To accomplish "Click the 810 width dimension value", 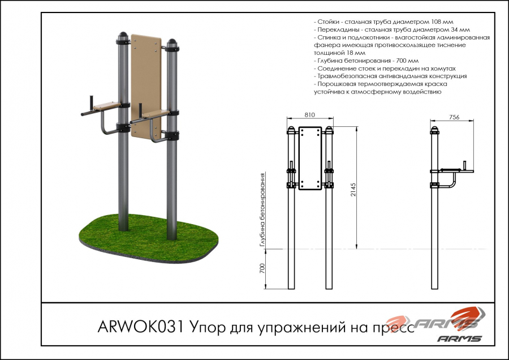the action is point(310,115).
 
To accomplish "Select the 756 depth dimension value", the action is point(454,117).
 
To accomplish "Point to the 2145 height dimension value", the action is point(353,190).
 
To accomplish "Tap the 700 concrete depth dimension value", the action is point(262,268).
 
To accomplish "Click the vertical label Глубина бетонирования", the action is point(263,210).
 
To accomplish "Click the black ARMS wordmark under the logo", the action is point(459,338).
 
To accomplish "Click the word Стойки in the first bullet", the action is point(328,22).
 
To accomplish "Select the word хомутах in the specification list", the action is point(443,69).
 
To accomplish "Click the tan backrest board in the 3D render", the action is point(146,87).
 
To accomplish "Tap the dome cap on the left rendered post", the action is point(123,35).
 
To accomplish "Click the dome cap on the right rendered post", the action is point(172,42).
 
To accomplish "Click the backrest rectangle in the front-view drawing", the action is point(310,158).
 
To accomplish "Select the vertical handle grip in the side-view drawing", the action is point(464,165).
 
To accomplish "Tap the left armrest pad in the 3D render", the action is point(107,106).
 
